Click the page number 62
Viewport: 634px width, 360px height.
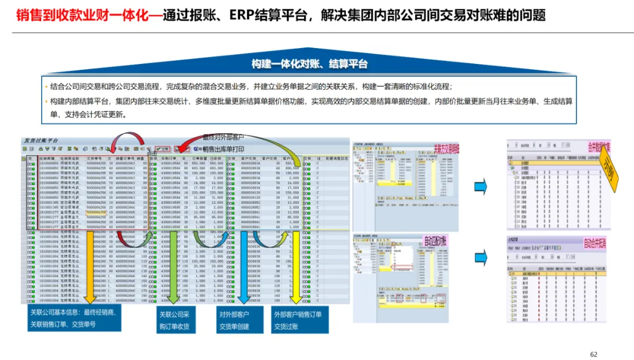click(593, 354)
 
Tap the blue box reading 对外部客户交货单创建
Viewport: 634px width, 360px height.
click(234, 321)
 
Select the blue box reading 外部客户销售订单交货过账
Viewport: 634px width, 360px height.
click(298, 321)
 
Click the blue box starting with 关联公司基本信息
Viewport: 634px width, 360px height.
click(73, 318)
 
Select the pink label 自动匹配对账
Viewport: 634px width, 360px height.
click(435, 241)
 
